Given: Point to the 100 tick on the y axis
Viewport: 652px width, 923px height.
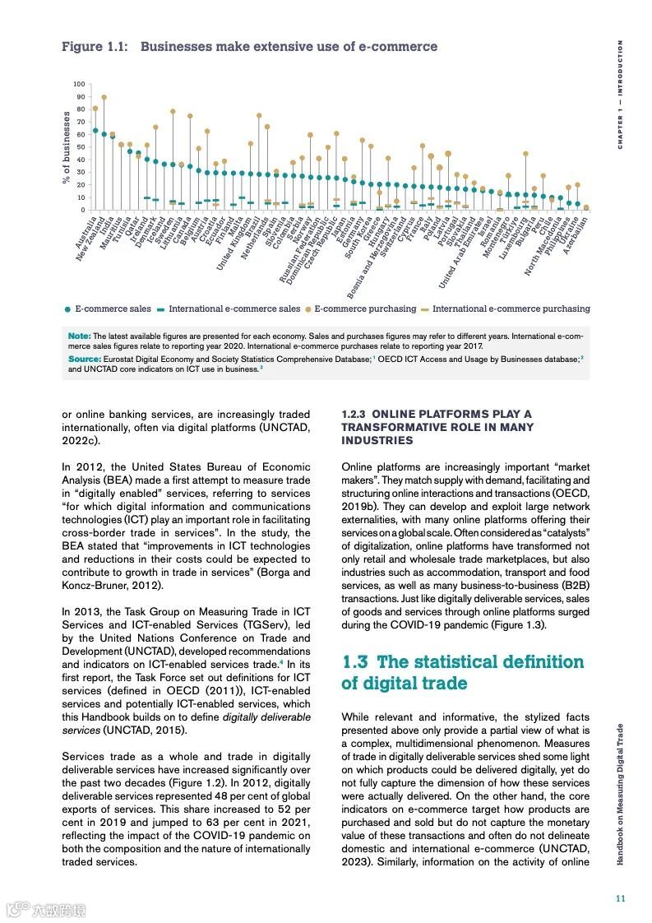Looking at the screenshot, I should pos(79,84).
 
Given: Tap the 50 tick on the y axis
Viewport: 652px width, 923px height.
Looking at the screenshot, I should pos(81,147).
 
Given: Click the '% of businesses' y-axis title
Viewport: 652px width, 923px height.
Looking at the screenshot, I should pos(67,147).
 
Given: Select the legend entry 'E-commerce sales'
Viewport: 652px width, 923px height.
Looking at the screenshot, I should pos(108,309).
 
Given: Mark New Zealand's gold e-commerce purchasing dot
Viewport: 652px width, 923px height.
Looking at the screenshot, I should pos(104,97).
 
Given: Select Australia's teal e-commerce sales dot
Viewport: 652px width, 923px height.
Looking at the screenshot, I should pos(95,130).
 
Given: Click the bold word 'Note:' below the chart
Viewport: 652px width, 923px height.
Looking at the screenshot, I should pos(79,336).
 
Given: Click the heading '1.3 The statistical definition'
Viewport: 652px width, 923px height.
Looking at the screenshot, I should pos(462,662).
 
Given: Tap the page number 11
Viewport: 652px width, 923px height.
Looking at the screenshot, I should pos(621,898).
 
